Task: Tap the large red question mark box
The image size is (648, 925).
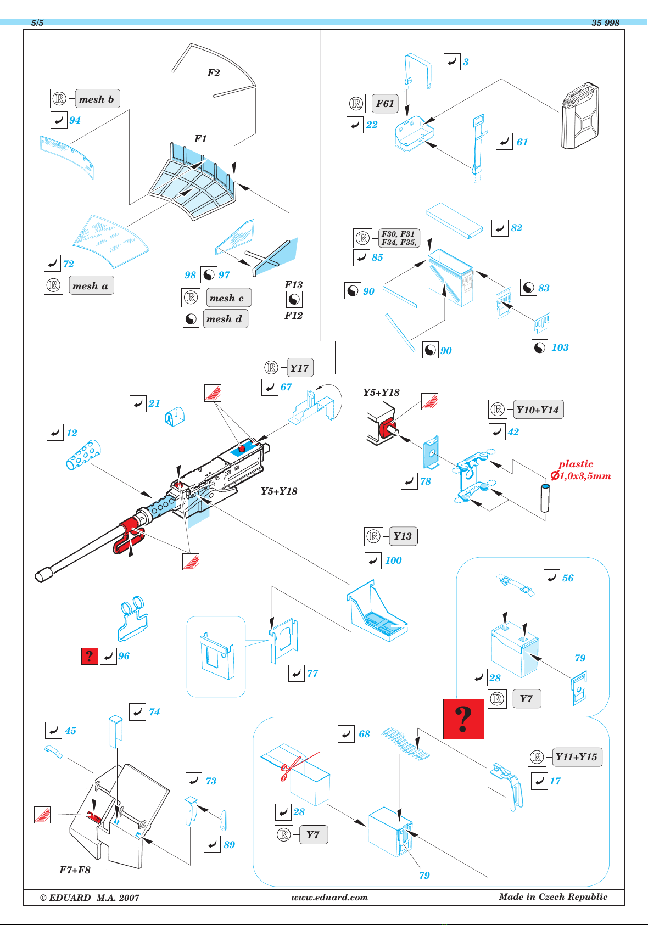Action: click(463, 719)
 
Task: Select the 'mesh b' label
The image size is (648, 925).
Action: click(97, 99)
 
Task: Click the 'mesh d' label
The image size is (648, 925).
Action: click(225, 319)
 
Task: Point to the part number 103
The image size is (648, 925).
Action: click(560, 347)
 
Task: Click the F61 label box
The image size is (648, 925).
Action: click(385, 103)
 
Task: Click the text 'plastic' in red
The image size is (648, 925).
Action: click(576, 464)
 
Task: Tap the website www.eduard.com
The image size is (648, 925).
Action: click(329, 897)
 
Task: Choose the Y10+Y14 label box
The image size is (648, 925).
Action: click(538, 410)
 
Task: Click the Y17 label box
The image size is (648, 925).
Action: click(300, 367)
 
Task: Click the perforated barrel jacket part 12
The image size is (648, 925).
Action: click(83, 455)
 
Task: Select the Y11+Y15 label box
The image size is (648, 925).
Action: click(577, 757)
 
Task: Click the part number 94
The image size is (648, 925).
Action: click(75, 120)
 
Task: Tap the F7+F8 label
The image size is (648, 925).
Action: click(75, 870)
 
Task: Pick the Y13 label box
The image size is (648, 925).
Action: click(403, 536)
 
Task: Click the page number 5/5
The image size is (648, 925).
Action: click(37, 23)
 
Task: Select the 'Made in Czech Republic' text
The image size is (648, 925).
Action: click(553, 896)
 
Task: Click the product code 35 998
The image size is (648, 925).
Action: click(606, 23)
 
